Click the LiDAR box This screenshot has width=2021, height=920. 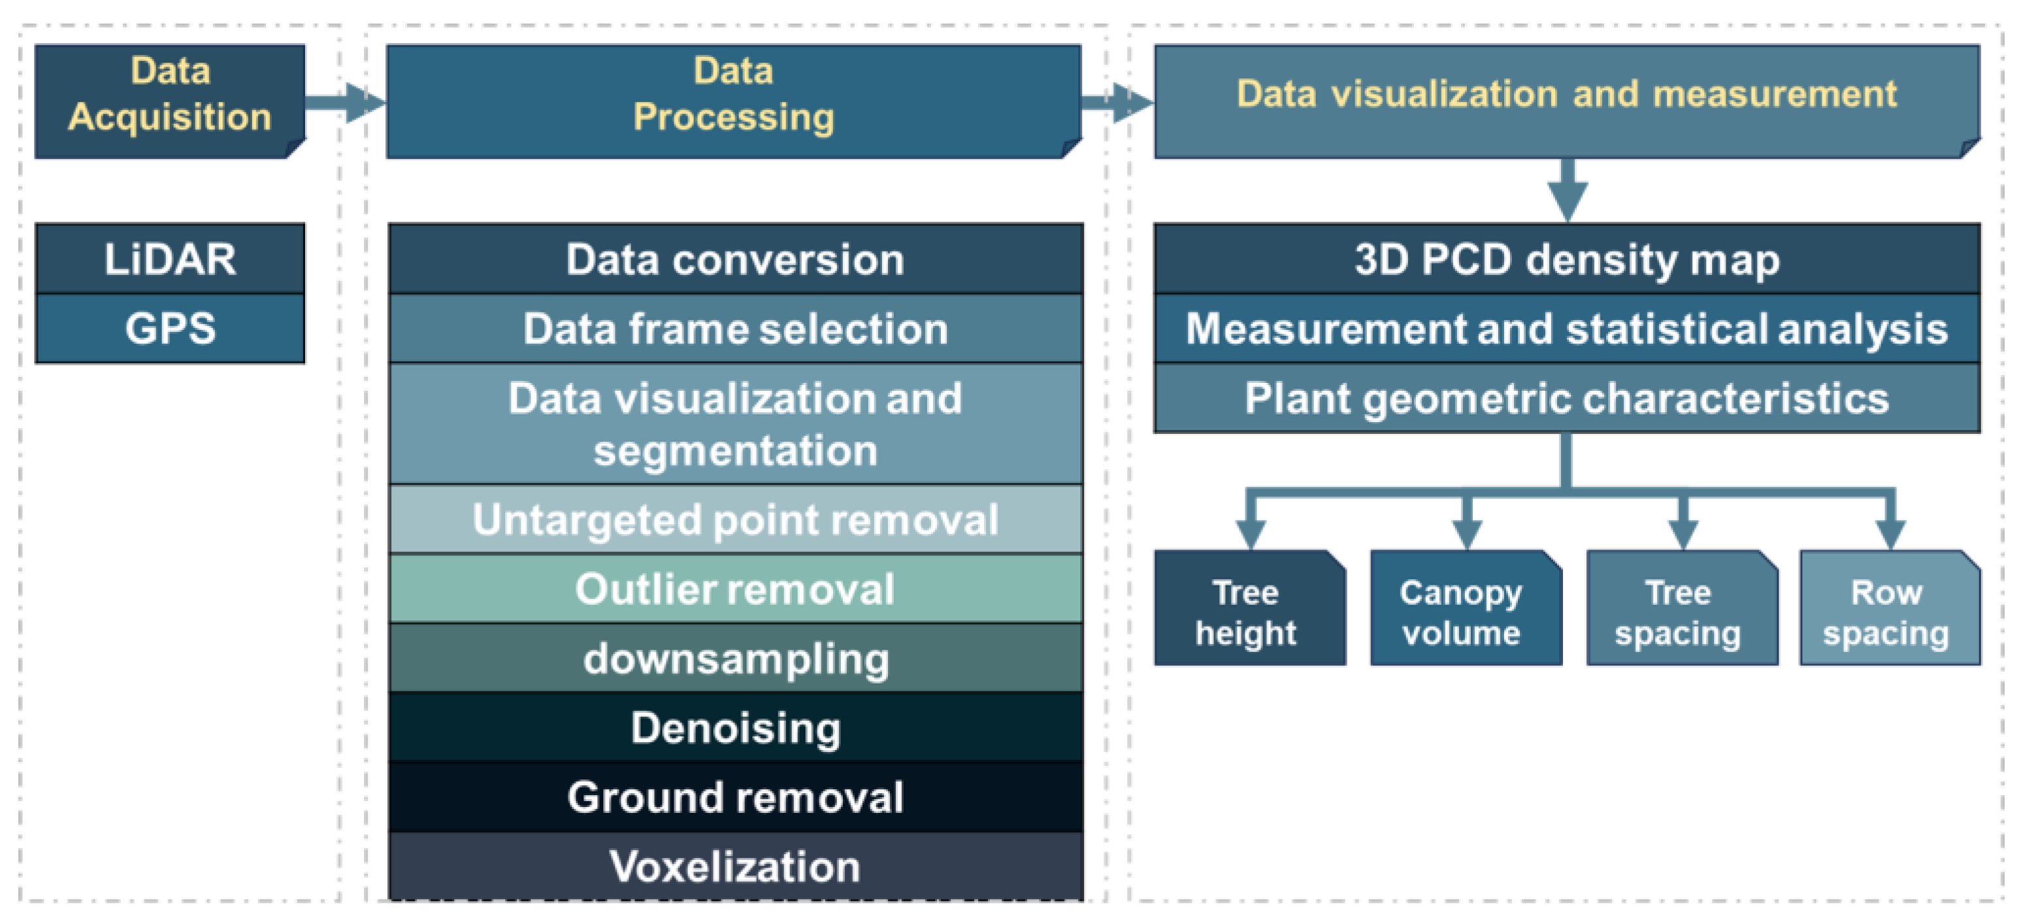click(x=169, y=259)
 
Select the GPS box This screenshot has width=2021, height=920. click(x=169, y=328)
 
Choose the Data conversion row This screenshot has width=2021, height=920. click(x=735, y=259)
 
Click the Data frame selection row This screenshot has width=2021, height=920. click(x=735, y=328)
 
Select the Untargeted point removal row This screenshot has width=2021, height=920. click(x=735, y=519)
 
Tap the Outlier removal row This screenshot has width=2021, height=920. click(x=735, y=588)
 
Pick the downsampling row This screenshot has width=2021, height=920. click(x=735, y=658)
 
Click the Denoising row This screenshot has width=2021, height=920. click(x=735, y=727)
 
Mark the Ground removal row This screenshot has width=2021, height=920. click(x=735, y=797)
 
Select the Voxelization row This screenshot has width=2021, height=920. click(x=735, y=866)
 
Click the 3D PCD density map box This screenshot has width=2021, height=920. click(x=1567, y=259)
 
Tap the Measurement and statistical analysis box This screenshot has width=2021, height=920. click(x=1567, y=328)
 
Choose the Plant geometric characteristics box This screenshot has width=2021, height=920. click(x=1567, y=398)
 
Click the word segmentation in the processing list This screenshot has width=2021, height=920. click(x=735, y=451)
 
